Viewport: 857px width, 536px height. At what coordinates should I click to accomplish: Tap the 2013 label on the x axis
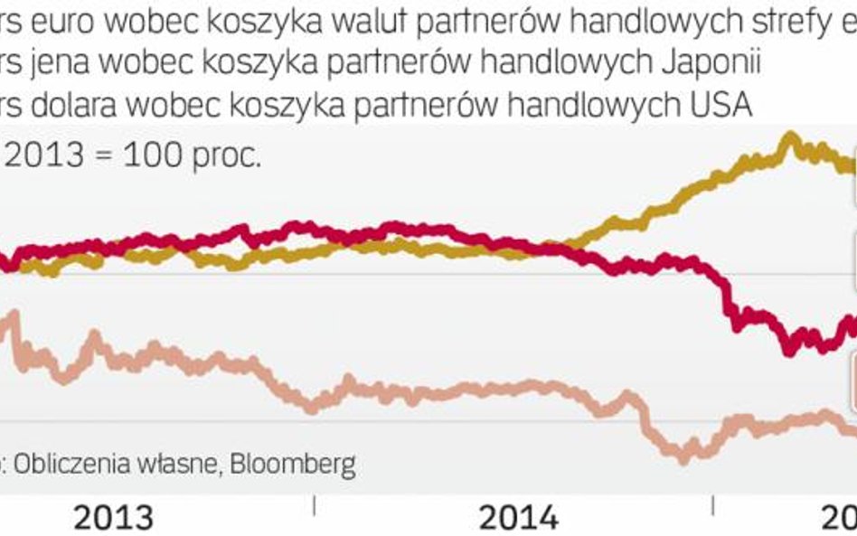coord(113,519)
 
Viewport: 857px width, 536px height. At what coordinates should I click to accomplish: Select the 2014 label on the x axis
coord(518,519)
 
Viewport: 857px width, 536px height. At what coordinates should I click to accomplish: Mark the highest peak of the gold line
coord(790,136)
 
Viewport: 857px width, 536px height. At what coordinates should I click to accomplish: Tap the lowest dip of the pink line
coord(683,458)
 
